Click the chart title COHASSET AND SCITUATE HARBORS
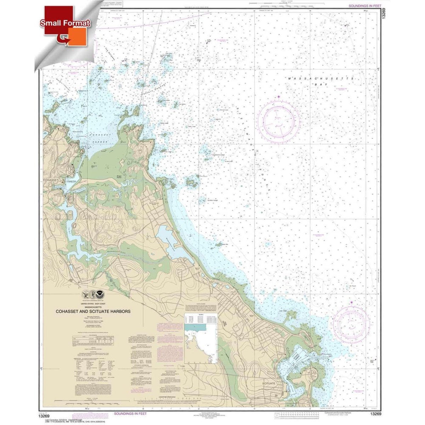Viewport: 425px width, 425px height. click(92, 311)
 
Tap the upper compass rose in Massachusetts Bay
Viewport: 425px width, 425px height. click(278, 119)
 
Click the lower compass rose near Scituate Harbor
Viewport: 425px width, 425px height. click(351, 324)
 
